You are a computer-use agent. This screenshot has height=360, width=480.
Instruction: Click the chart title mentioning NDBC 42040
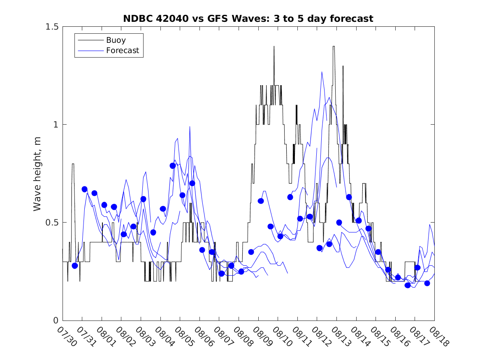pos(248,19)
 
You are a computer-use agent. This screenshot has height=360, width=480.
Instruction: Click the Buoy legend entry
pos(116,40)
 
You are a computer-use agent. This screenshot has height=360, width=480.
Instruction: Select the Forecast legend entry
pos(123,51)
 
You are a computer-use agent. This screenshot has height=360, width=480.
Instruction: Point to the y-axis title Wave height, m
pos(37,174)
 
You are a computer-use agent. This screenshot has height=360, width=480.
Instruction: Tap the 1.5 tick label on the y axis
pos(51,27)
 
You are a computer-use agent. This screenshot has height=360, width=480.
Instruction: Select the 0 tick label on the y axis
pos(56,321)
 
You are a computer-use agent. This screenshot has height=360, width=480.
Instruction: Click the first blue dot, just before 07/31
pos(75,266)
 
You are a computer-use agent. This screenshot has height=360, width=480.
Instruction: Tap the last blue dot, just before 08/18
pos(427,283)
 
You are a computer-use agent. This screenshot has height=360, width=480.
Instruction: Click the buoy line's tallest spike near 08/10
pos(274,46)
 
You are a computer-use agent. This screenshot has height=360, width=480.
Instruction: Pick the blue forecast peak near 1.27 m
pos(322,72)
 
